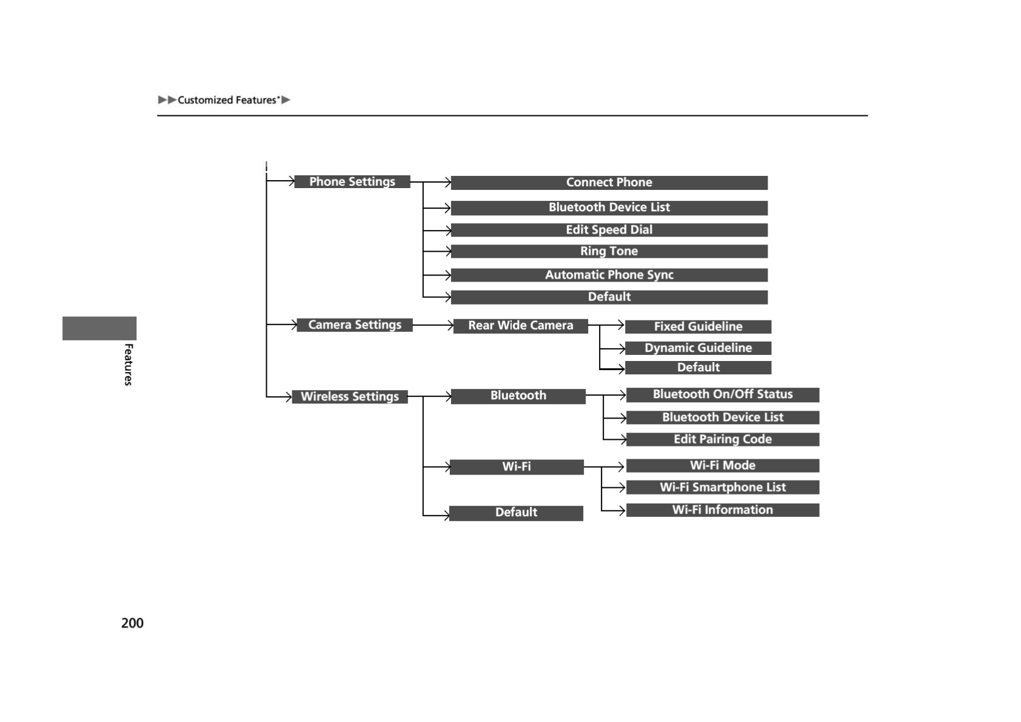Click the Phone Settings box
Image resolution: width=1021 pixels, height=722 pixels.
(352, 181)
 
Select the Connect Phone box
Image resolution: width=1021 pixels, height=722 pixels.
(609, 183)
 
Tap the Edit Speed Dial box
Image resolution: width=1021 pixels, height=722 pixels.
(609, 230)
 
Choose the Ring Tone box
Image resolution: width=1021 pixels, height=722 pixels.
(609, 251)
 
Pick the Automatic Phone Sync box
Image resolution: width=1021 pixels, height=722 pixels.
(609, 275)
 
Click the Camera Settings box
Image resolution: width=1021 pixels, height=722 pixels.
(355, 325)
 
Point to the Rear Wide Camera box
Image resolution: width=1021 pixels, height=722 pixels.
(520, 326)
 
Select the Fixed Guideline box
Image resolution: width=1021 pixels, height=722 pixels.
(698, 326)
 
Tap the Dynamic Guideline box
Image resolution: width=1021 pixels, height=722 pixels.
(698, 348)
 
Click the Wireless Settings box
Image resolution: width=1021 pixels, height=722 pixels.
(350, 397)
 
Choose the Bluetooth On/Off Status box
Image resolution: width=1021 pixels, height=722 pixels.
(722, 394)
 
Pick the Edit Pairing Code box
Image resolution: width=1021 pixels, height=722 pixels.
(722, 439)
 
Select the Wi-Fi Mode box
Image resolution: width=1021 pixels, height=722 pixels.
(722, 465)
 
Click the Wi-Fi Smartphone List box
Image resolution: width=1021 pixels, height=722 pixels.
(722, 487)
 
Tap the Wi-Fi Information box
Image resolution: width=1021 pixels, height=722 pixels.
(722, 510)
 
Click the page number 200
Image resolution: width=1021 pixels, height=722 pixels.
(132, 623)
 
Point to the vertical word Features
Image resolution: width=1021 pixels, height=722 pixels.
(128, 364)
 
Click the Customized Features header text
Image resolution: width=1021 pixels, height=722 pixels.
(228, 100)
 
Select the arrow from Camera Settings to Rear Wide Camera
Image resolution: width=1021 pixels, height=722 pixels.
(433, 325)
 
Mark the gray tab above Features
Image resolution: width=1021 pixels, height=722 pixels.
(99, 328)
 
